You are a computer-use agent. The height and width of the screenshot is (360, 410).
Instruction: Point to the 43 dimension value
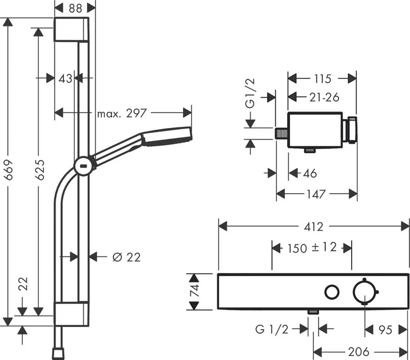(x=65, y=78)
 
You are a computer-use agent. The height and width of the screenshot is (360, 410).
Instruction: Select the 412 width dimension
(x=313, y=226)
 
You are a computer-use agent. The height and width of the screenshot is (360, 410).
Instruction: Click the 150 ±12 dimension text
(x=311, y=247)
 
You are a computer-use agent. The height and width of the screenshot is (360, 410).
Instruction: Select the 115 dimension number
(x=321, y=78)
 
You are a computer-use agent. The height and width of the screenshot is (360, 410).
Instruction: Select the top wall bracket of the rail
(x=72, y=30)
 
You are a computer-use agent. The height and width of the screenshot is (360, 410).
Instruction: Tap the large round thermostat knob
(x=364, y=291)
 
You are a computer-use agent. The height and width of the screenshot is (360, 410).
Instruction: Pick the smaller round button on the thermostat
(x=331, y=292)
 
